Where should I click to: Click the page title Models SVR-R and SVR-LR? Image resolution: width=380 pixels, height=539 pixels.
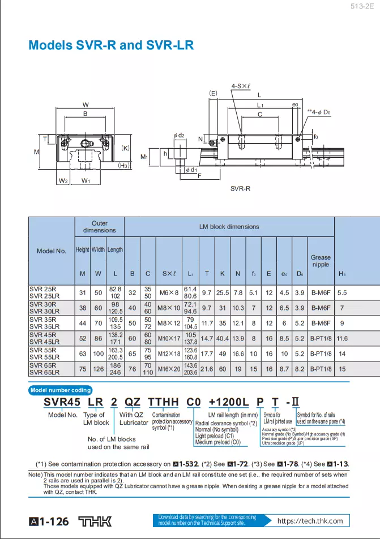click(x=111, y=45)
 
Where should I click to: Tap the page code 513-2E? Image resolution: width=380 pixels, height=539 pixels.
click(x=362, y=7)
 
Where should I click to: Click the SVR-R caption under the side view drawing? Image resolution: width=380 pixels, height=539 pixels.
click(x=240, y=188)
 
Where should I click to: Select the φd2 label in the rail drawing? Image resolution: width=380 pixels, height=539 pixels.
click(x=179, y=135)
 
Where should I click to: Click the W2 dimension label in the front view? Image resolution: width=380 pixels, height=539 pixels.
click(x=63, y=181)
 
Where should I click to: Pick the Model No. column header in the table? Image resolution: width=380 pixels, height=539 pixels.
click(x=52, y=251)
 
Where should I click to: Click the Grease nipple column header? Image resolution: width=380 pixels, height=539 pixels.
click(x=321, y=261)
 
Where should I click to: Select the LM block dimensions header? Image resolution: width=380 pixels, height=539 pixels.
click(x=229, y=227)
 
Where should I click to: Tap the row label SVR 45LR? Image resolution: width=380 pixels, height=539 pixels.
click(x=45, y=342)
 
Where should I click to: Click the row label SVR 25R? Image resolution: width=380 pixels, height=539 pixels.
click(x=43, y=288)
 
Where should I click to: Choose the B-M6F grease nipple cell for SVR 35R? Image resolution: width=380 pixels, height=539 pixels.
click(x=321, y=323)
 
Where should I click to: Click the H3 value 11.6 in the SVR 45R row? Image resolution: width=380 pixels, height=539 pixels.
click(x=342, y=338)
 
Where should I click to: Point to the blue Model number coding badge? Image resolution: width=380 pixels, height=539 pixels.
click(x=61, y=390)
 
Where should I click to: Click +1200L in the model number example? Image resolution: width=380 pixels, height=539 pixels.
click(x=229, y=402)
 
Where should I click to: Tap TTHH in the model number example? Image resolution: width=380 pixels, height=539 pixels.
click(x=163, y=402)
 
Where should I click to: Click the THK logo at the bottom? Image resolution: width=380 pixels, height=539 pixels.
click(x=95, y=521)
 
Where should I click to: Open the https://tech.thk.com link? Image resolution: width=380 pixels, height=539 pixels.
click(x=310, y=521)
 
